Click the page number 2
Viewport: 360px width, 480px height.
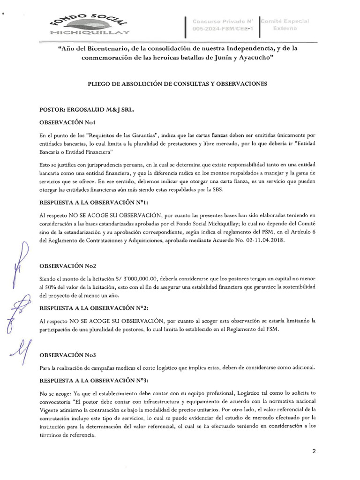[x=314, y=451]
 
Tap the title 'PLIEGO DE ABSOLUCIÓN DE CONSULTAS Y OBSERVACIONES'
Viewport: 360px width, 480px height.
[x=177, y=84]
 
